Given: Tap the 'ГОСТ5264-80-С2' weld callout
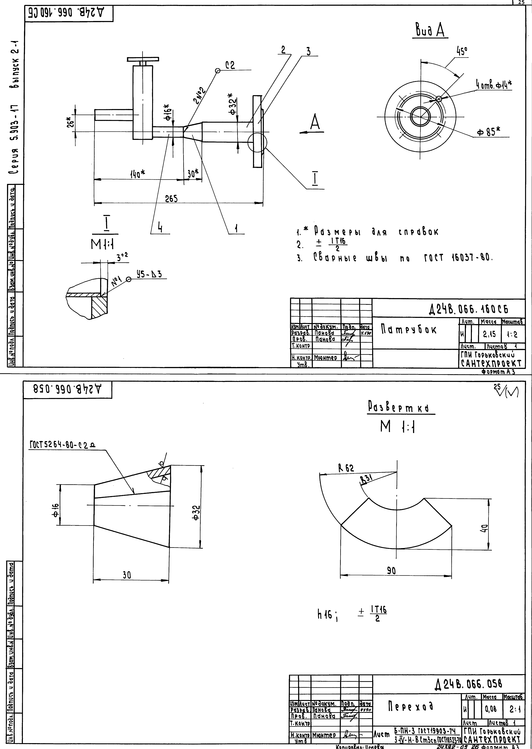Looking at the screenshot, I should coord(62,445).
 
